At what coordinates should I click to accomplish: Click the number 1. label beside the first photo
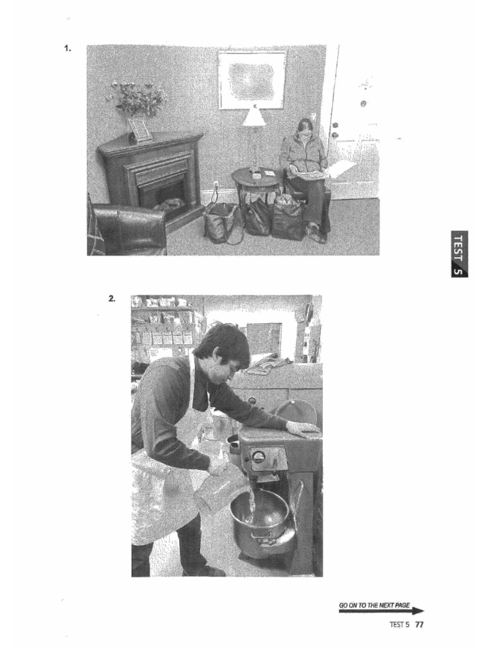(68, 48)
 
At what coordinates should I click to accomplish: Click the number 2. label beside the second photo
(112, 298)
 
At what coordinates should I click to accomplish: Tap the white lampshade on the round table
(254, 117)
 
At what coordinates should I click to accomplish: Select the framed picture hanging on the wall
(252, 79)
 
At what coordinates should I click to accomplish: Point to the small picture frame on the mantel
(140, 130)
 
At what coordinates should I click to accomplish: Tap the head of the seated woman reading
(305, 128)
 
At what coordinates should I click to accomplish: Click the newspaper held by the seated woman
(310, 172)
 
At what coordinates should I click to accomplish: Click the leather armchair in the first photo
(127, 229)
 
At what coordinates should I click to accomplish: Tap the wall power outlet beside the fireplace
(216, 186)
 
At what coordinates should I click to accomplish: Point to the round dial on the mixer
(258, 456)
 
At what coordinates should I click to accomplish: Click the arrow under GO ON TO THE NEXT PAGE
(382, 612)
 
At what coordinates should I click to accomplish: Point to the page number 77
(419, 625)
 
